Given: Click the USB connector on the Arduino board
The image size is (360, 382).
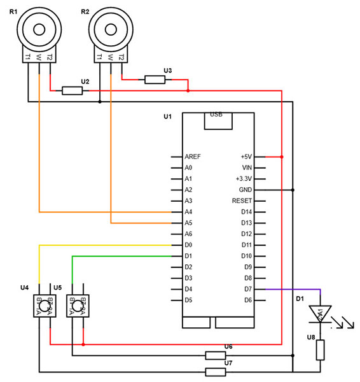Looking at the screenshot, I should (x=216, y=121).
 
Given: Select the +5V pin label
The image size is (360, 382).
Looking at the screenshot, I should (x=246, y=156).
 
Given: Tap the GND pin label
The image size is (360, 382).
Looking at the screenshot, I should (x=245, y=190).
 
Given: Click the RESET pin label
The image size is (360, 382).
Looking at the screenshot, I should (x=242, y=201).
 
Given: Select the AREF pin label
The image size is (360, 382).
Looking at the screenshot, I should (x=192, y=156).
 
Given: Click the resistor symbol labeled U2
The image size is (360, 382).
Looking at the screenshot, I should (x=72, y=90).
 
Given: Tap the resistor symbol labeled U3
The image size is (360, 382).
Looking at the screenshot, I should (x=155, y=80).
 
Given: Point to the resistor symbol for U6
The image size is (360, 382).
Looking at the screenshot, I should (x=216, y=355).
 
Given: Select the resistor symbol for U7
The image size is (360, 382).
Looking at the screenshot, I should (x=216, y=372).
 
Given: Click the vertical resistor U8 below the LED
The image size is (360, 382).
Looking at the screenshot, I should (x=321, y=350).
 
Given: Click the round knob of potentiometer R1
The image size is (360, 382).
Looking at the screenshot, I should (x=39, y=29).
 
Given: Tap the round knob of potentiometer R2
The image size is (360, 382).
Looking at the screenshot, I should (x=110, y=29).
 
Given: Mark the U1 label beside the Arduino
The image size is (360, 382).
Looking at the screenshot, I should (x=168, y=117).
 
